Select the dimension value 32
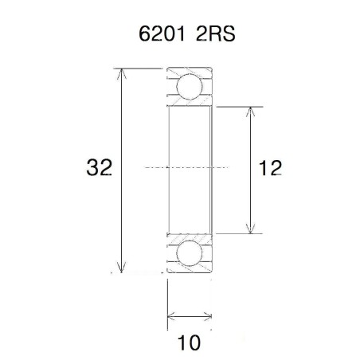coord(99,168)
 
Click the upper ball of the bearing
coord(189,86)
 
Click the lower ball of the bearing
coord(189,252)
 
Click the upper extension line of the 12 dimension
coord(239,106)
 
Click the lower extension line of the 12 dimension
coord(239,233)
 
